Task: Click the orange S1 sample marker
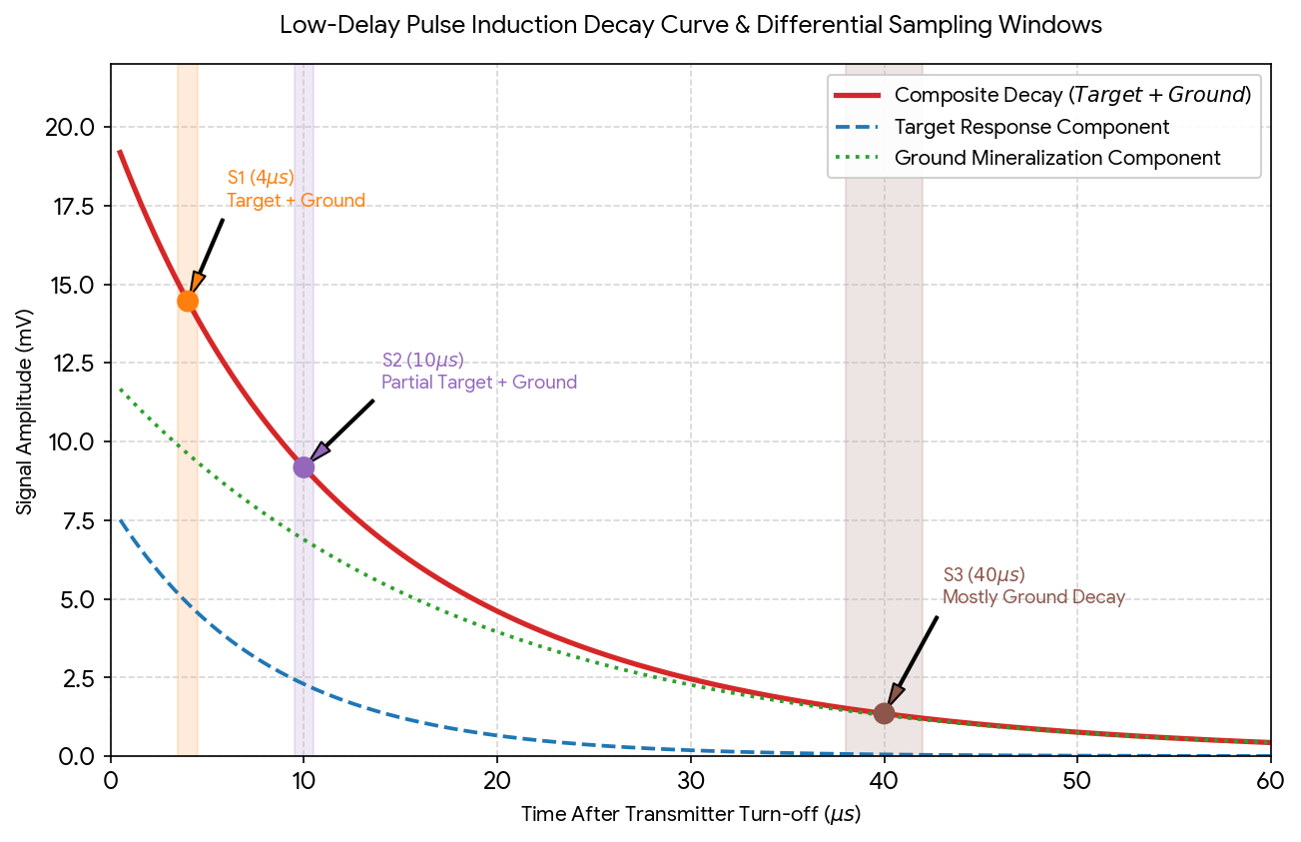click(x=188, y=301)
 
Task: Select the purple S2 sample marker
click(x=304, y=467)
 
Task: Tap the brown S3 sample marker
click(x=884, y=713)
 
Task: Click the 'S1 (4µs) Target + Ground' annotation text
click(x=296, y=189)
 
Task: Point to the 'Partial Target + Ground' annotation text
click(x=479, y=383)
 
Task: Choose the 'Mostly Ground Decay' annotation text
click(x=1033, y=596)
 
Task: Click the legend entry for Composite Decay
click(x=1042, y=95)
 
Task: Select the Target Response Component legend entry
click(x=1001, y=127)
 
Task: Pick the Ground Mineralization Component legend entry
click(x=1027, y=158)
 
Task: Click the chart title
click(x=691, y=25)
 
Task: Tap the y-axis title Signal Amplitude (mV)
click(x=24, y=412)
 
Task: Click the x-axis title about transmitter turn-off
click(x=691, y=815)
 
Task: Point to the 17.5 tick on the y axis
click(x=75, y=207)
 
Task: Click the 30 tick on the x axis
click(x=691, y=781)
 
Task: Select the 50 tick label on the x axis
click(x=1077, y=781)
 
